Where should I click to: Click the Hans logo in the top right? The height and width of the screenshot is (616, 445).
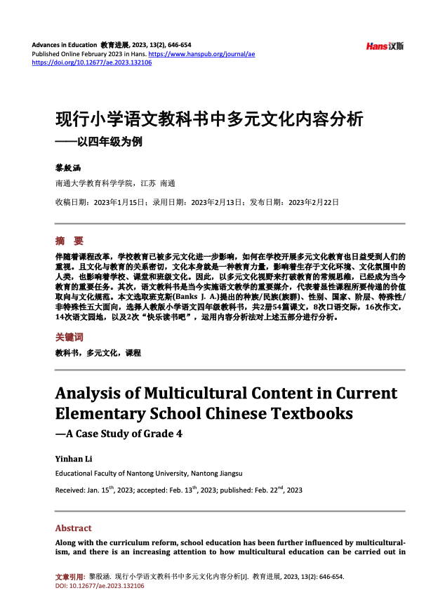[385, 46]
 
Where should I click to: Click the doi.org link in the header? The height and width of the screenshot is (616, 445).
[92, 62]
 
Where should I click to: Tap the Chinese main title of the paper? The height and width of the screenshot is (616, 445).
[209, 119]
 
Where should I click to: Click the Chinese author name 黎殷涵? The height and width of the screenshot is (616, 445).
[68, 168]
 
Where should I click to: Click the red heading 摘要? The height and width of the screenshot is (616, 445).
[69, 241]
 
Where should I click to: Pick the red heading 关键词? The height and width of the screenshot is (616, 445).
[69, 337]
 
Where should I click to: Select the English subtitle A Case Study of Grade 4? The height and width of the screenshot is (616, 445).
[119, 434]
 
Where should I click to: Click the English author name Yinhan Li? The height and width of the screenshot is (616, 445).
[73, 459]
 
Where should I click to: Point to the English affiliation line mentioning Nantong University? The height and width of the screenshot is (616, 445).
[149, 474]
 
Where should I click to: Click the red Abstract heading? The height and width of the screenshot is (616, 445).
[73, 528]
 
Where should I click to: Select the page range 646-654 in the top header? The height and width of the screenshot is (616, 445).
[178, 44]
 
